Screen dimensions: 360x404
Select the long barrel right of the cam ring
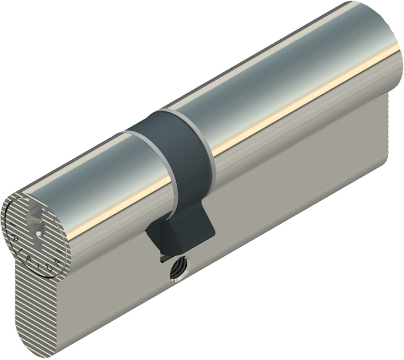(292, 84)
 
